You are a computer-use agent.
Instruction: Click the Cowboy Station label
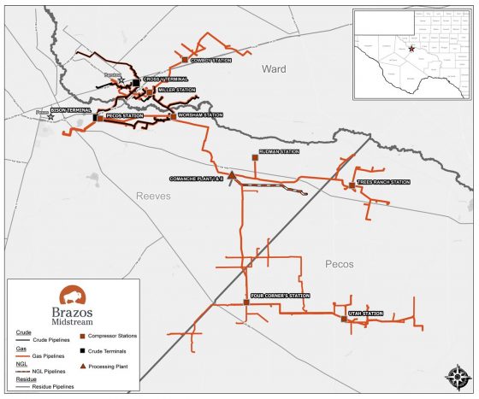coord(210,61)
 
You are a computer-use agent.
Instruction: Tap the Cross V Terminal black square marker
coord(136,82)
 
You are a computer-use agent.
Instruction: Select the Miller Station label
coord(176,90)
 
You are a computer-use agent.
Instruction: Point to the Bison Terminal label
coord(72,110)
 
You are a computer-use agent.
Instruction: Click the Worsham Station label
coord(200,114)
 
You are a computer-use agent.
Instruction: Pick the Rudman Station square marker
coord(255,157)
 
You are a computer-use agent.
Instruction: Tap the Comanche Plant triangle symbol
coord(231,174)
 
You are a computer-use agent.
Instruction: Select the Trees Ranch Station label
coord(384,182)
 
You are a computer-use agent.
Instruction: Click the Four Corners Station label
coord(280,296)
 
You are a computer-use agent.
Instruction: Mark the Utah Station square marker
coord(344,319)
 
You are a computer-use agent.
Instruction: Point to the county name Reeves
coord(154,196)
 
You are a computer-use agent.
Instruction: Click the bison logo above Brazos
coord(66,294)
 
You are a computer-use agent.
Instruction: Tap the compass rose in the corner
coord(452,376)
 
